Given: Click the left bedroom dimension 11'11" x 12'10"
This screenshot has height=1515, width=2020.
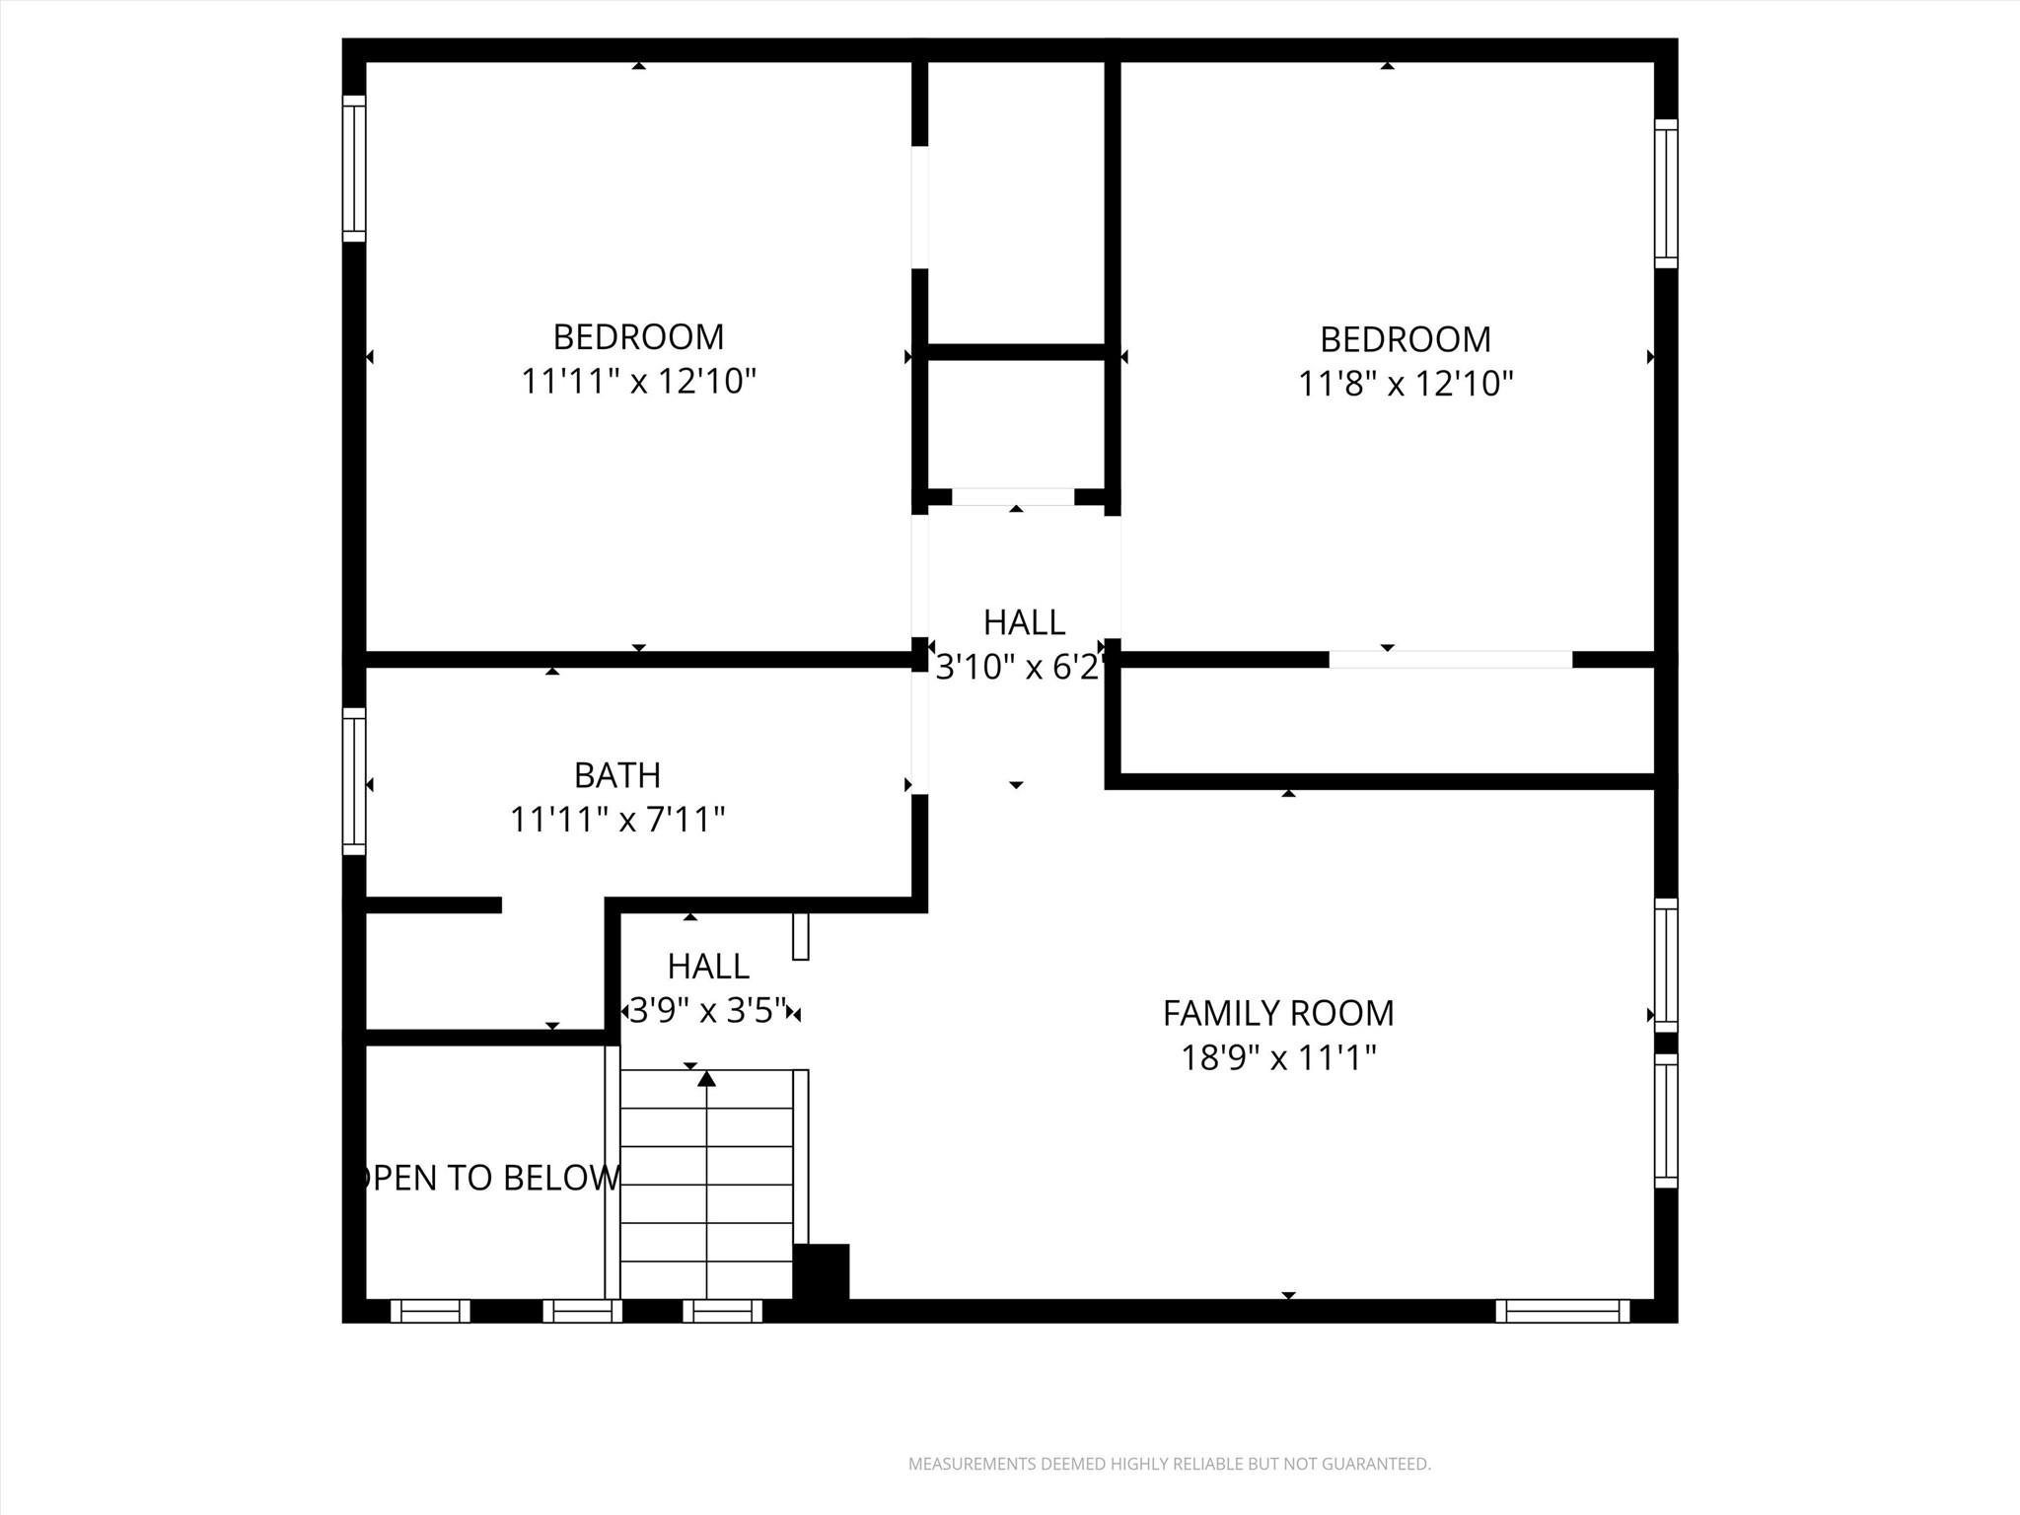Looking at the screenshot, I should (638, 381).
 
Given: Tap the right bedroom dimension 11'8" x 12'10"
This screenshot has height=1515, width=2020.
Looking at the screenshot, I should (1405, 383).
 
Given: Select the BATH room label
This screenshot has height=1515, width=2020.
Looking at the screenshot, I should (617, 775).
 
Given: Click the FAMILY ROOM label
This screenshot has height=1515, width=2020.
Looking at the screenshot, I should (1277, 1013).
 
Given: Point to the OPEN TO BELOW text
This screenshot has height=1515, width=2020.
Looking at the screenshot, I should (488, 1178).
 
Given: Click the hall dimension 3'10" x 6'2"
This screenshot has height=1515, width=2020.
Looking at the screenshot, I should (1018, 668).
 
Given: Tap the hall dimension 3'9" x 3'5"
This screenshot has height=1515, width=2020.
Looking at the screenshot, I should (708, 1010).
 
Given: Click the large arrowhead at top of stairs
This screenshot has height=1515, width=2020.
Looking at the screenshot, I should (706, 1079).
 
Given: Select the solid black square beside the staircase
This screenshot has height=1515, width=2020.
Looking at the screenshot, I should (821, 1271).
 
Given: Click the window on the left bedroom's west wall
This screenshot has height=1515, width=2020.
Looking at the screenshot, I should (354, 169).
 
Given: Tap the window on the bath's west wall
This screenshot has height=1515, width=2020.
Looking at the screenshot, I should (354, 781).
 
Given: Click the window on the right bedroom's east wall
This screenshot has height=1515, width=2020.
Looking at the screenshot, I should (1665, 193).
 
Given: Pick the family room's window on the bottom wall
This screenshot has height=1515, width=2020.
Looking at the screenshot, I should (1562, 1311).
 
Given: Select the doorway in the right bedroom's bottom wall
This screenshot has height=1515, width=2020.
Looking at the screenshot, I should (1450, 660).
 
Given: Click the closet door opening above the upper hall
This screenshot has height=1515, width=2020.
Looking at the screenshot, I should (1013, 497).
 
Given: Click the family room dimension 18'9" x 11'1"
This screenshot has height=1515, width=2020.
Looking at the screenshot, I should (1277, 1058).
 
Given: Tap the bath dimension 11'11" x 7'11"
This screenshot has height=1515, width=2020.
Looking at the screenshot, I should (617, 820).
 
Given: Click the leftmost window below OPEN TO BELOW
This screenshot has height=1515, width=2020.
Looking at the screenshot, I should (430, 1311).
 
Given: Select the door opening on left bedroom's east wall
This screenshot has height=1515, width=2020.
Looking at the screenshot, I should (919, 207).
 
